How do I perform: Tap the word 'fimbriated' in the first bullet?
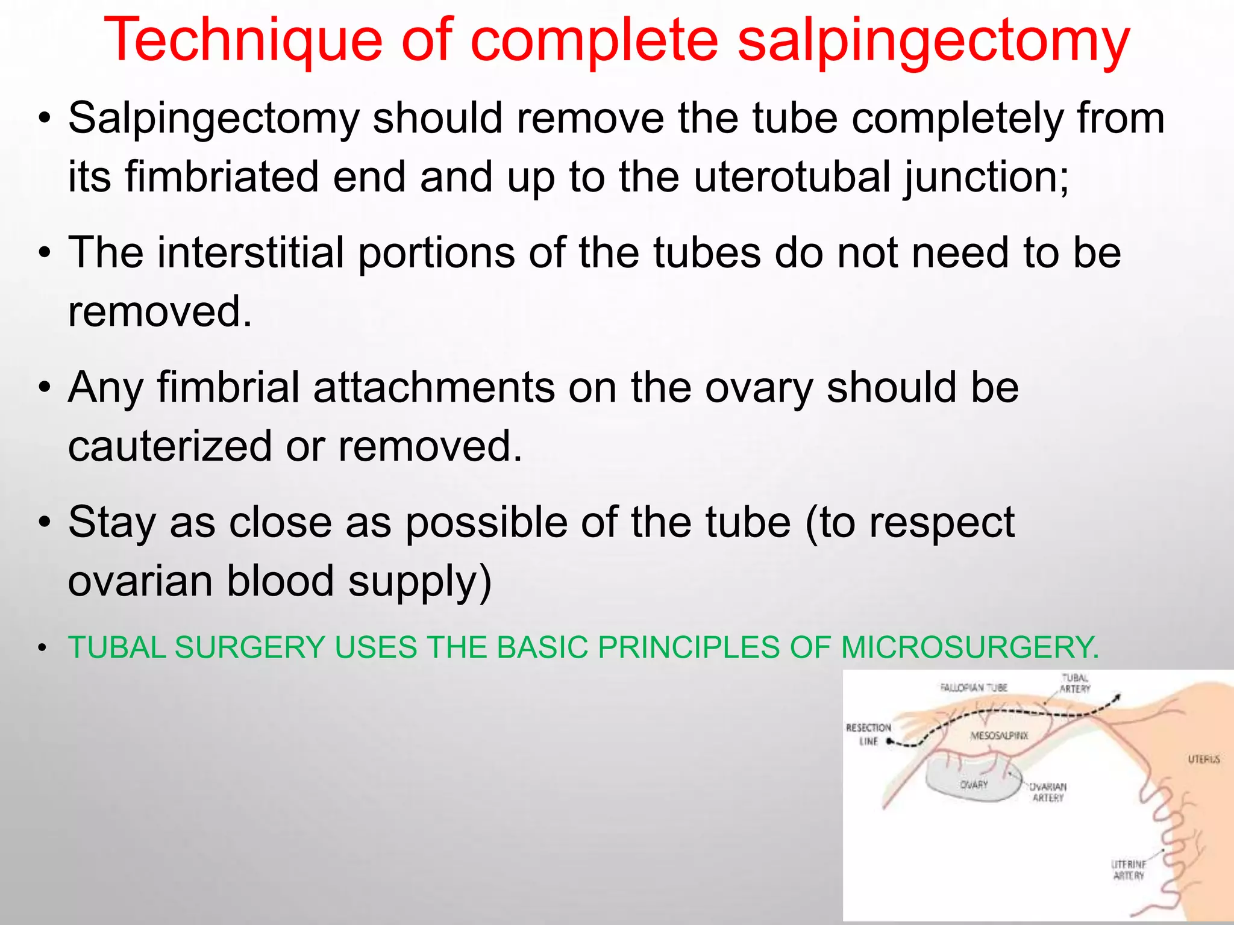[222, 177]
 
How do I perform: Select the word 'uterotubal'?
[791, 177]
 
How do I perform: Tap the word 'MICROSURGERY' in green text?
[969, 648]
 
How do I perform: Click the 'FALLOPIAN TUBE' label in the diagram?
[974, 687]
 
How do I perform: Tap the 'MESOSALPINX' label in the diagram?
[999, 736]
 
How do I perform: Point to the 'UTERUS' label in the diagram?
[1203, 759]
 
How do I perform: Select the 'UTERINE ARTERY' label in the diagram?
[1128, 870]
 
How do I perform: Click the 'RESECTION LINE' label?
[868, 734]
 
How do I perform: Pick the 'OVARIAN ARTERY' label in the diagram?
[1048, 792]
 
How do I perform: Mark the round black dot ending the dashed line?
[889, 742]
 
